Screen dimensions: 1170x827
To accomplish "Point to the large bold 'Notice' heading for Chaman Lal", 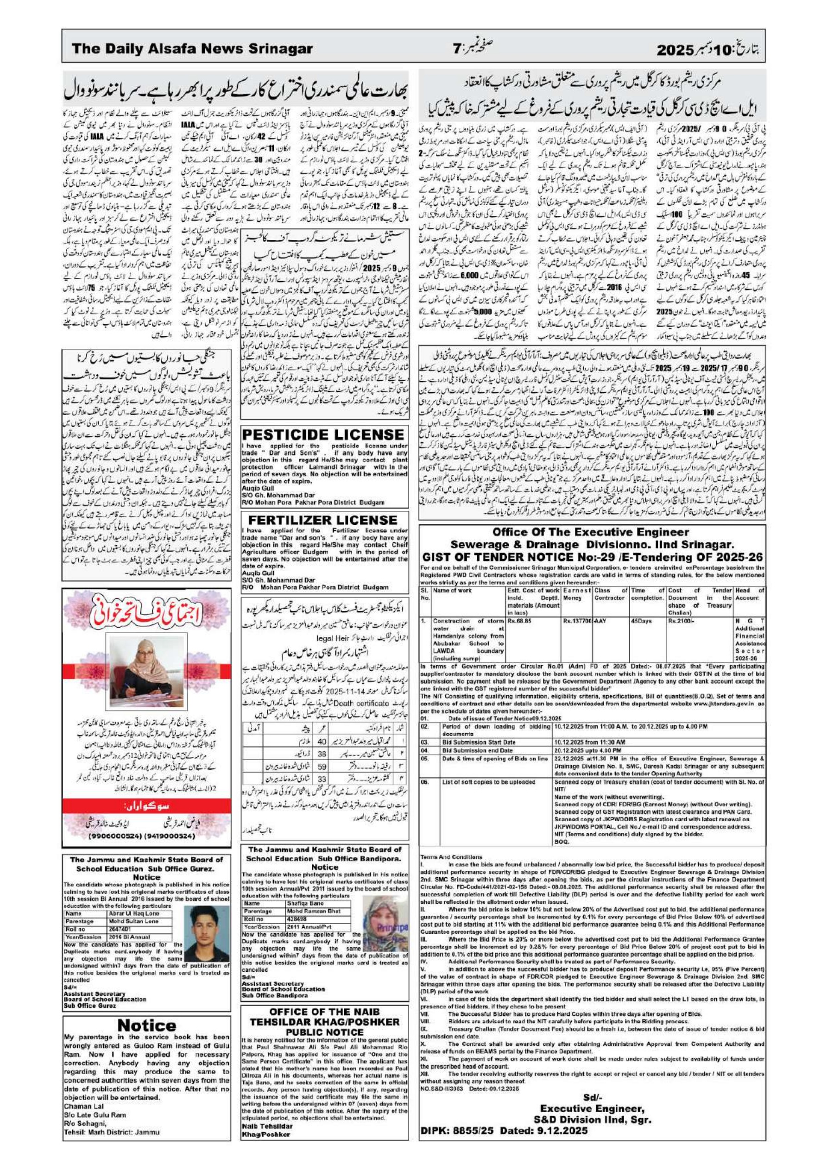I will [146, 1012].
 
